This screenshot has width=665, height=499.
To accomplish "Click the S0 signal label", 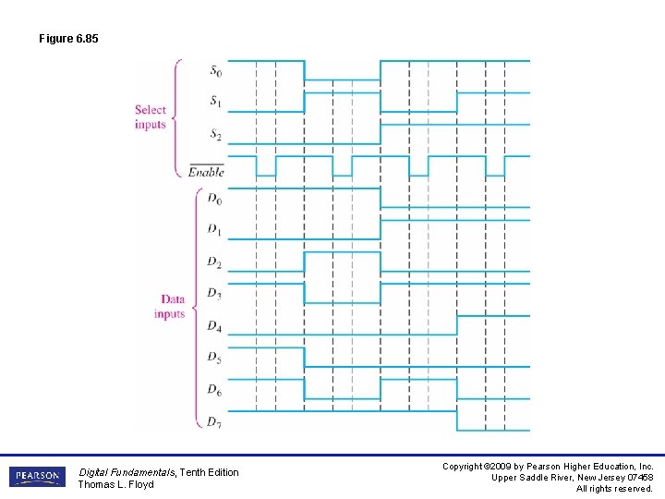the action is click(214, 71).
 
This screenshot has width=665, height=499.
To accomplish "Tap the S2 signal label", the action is click(214, 135).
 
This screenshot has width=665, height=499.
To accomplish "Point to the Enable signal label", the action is click(206, 172).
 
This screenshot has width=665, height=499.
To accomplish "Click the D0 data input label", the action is click(213, 199).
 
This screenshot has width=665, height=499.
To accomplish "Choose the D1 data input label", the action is click(213, 229).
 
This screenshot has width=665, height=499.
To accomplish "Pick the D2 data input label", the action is click(213, 263).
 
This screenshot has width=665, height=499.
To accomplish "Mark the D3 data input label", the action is click(213, 294).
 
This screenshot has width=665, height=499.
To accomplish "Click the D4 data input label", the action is click(213, 326).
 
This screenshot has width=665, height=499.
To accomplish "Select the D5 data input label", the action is click(213, 357).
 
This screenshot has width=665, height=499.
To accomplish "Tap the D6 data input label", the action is click(213, 391).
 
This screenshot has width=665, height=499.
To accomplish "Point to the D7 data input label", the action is click(213, 422).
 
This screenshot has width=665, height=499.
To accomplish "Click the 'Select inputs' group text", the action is click(150, 117).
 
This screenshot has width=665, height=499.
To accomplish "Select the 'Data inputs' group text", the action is click(170, 307).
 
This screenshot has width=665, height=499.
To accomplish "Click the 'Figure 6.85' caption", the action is click(68, 39).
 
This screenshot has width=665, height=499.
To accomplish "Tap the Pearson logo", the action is click(37, 477).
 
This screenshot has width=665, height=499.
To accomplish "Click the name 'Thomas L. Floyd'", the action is click(115, 484).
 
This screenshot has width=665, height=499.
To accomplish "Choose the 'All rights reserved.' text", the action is click(614, 488).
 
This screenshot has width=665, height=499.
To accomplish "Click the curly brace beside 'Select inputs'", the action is click(178, 117).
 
